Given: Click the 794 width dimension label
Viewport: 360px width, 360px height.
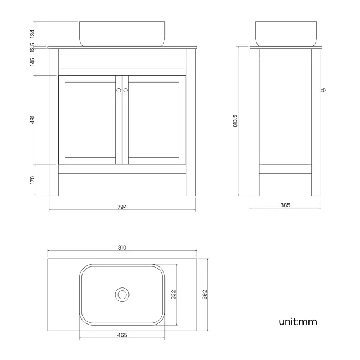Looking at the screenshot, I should click(x=122, y=207).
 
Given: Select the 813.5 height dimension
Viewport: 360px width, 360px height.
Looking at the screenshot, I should click(x=235, y=122).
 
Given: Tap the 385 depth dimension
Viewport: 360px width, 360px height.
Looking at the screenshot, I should click(x=285, y=205).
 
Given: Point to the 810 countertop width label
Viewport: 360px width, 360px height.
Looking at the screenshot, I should click(x=122, y=248).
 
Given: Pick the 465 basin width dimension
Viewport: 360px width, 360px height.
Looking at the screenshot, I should click(x=122, y=335).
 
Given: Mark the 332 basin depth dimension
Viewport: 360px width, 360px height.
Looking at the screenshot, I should click(x=173, y=293).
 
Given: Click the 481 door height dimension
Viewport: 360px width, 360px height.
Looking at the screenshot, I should click(x=33, y=120).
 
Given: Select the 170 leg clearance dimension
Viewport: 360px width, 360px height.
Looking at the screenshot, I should click(x=33, y=180).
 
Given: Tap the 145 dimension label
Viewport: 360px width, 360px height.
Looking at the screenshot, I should click(x=33, y=62).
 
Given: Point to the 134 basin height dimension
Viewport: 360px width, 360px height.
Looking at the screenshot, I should click(x=33, y=34).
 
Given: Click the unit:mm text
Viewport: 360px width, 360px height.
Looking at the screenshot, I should click(x=298, y=321).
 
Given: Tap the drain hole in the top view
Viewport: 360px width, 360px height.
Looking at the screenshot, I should click(x=122, y=294).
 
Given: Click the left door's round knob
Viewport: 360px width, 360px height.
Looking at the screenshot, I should click(x=119, y=90).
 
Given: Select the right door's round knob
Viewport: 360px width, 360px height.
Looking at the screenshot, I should click(x=126, y=90).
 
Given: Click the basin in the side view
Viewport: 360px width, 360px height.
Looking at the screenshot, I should click(x=285, y=33).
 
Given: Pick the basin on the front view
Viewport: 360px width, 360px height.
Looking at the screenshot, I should click(x=122, y=33).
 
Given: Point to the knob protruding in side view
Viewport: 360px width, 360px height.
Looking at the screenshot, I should click(x=323, y=89).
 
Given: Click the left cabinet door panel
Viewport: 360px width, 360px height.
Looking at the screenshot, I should click(x=90, y=120).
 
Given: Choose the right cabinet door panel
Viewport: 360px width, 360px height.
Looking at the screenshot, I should click(x=154, y=120).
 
